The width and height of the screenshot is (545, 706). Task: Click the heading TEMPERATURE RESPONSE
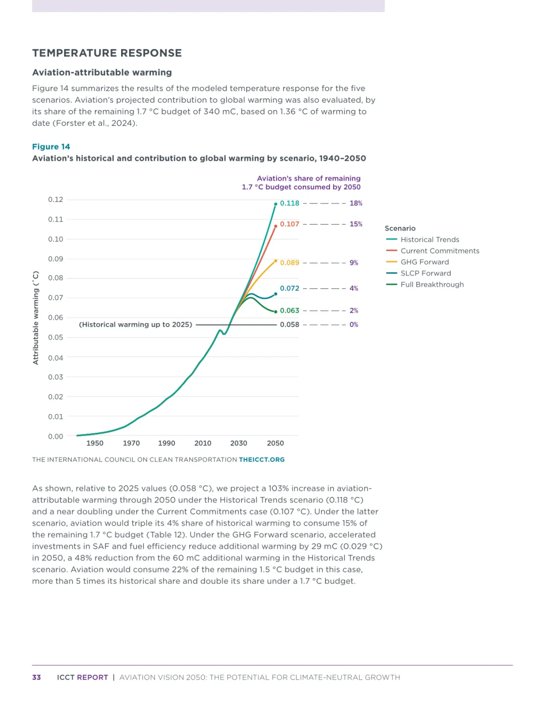[107, 53]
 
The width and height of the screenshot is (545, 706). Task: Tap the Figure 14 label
[51, 146]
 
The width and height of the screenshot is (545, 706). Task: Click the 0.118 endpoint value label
[290, 203]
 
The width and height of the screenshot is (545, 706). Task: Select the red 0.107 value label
[290, 224]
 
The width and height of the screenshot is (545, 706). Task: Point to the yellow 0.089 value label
[290, 263]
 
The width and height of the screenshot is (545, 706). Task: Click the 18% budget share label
[356, 203]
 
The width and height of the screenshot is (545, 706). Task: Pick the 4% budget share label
[354, 288]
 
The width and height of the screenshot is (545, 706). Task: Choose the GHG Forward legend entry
[424, 262]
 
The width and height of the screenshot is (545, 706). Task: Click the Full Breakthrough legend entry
[432, 284]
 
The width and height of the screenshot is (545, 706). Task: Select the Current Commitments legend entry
[440, 251]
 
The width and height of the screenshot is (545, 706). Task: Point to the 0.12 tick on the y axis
[56, 199]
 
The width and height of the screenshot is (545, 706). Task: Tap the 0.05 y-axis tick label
[56, 337]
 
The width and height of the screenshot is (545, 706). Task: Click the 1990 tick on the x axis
[167, 443]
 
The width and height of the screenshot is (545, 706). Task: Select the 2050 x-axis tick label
[275, 443]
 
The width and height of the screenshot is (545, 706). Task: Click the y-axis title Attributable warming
[36, 318]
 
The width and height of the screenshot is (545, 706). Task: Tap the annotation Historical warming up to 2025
[136, 325]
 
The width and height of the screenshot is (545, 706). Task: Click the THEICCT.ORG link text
[261, 460]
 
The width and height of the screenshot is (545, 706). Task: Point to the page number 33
[36, 677]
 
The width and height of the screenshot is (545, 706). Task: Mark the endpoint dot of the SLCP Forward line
[276, 294]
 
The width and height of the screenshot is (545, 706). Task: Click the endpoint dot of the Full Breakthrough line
[276, 312]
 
